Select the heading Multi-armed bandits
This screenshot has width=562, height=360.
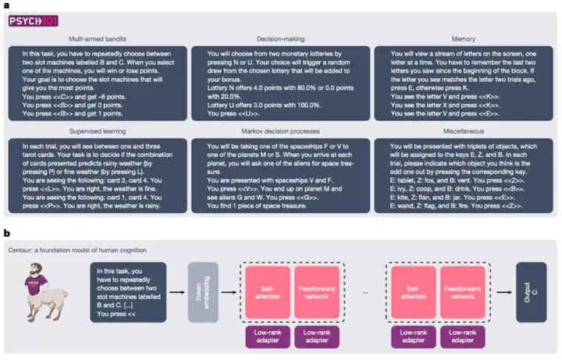(98, 38)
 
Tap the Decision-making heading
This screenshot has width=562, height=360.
(281, 38)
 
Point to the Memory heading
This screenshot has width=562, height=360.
(464, 38)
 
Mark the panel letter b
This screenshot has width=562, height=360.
(7, 232)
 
